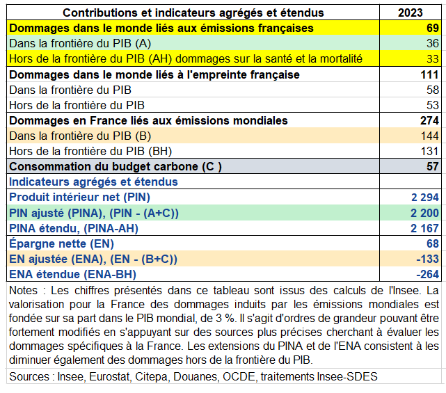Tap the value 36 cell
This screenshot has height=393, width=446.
[x=432, y=43]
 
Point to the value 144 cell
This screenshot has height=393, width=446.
[x=429, y=136]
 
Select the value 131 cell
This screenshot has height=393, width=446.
[x=430, y=151]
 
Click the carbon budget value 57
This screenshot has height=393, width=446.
[x=432, y=166]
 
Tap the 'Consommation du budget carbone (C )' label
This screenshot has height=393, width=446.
[x=115, y=166]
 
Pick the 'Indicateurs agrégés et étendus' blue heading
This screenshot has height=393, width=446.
[x=93, y=182]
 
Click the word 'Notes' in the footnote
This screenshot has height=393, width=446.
[x=23, y=289]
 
